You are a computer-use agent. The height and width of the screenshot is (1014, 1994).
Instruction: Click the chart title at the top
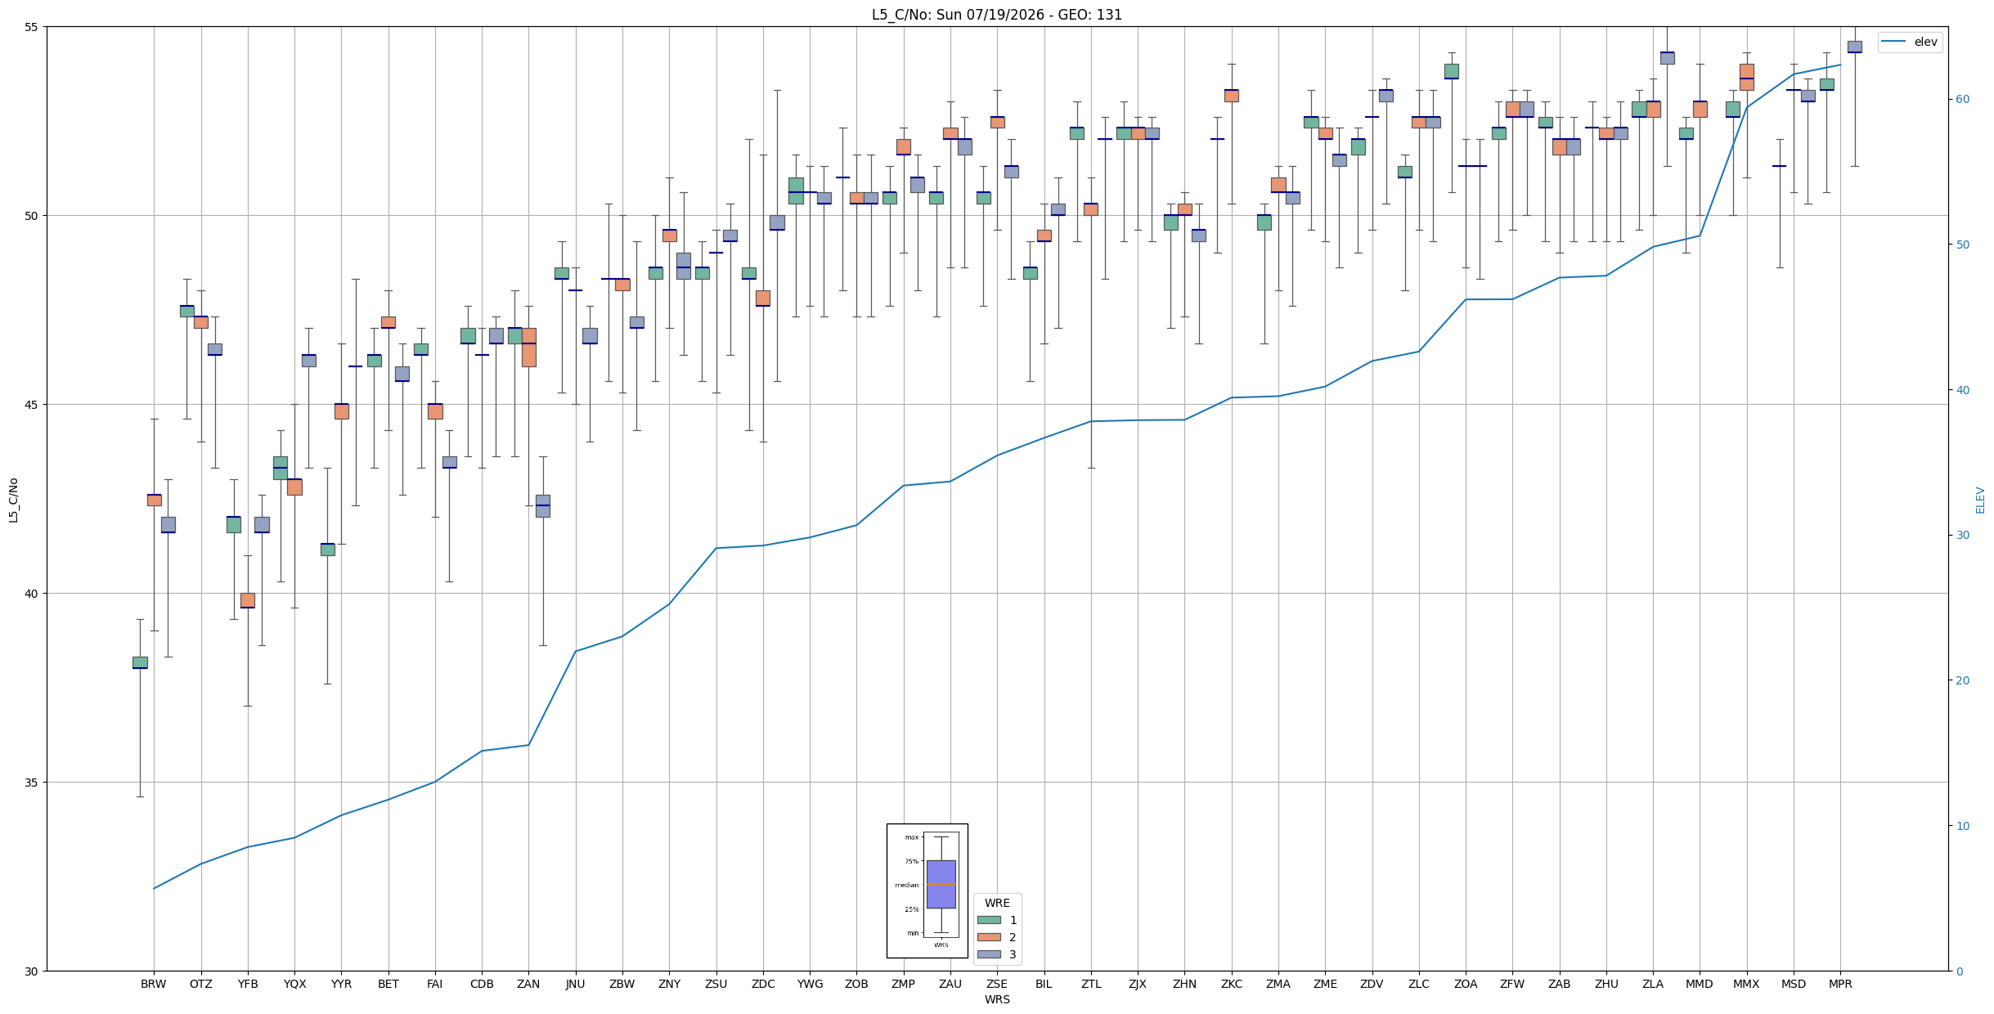pos(996,15)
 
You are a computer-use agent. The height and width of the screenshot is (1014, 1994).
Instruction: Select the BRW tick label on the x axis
pos(153,984)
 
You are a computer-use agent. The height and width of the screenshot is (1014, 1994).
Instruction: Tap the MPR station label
pos(1840,984)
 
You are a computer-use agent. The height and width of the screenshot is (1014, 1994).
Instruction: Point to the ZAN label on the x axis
pos(528,984)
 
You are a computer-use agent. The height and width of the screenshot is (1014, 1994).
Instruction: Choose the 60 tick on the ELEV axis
pos(1961,100)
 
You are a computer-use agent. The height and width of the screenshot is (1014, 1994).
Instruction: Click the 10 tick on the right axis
pos(1961,826)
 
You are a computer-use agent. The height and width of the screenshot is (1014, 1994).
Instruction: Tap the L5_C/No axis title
pos(13,500)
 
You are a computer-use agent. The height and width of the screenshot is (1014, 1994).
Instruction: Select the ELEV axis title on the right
pos(1980,500)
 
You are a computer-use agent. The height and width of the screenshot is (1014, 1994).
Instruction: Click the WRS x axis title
pos(997,999)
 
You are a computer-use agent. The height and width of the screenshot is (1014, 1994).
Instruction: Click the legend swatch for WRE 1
pos(989,920)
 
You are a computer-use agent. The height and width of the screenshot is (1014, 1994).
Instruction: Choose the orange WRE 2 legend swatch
pos(989,937)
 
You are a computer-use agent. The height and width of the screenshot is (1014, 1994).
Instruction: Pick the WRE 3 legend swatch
pos(989,954)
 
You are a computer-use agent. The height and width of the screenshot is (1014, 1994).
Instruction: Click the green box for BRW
pos(140,662)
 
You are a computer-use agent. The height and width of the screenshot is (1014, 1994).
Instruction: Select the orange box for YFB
pos(248,600)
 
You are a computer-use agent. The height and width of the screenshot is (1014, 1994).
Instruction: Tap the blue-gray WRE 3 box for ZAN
pos(543,505)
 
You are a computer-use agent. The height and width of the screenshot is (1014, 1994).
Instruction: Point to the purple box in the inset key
pos(941,884)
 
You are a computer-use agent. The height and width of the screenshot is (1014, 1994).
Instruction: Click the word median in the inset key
pos(906,885)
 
